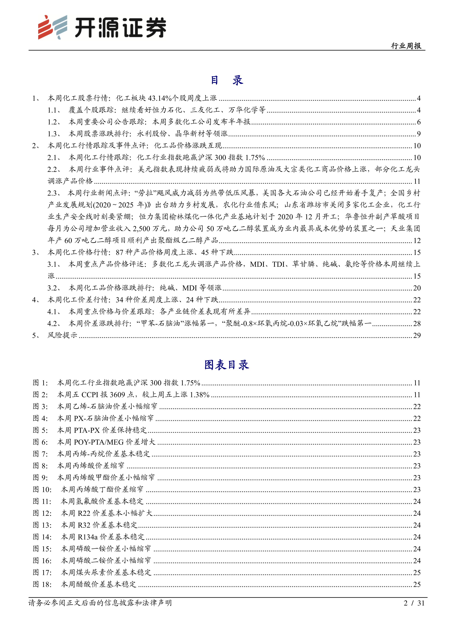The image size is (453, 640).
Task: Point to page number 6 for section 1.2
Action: point(419,122)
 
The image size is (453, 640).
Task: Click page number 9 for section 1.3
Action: point(419,134)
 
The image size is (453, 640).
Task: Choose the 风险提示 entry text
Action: point(62,335)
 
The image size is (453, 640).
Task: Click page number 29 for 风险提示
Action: point(417,335)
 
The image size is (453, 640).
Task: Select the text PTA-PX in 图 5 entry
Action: point(87,430)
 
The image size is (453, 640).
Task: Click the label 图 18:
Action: point(42,584)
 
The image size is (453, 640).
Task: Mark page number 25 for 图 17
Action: point(417,572)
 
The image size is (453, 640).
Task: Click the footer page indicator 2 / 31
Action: point(414,603)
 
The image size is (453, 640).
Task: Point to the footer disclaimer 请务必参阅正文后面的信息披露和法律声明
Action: point(100,603)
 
